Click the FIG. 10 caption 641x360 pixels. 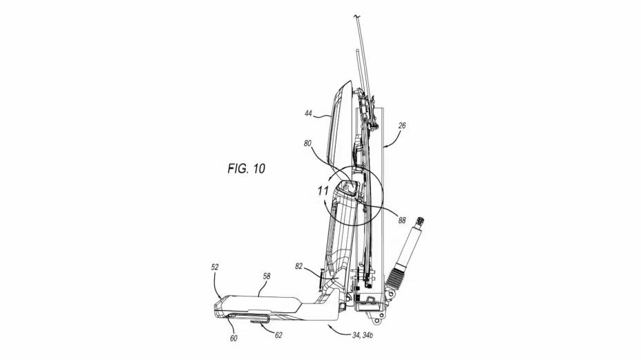point(246,168)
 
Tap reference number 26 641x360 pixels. point(402,126)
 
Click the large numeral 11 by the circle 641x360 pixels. point(324,190)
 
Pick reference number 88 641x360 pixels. point(401,221)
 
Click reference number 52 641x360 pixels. point(216,265)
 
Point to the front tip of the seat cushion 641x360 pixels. point(217,304)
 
